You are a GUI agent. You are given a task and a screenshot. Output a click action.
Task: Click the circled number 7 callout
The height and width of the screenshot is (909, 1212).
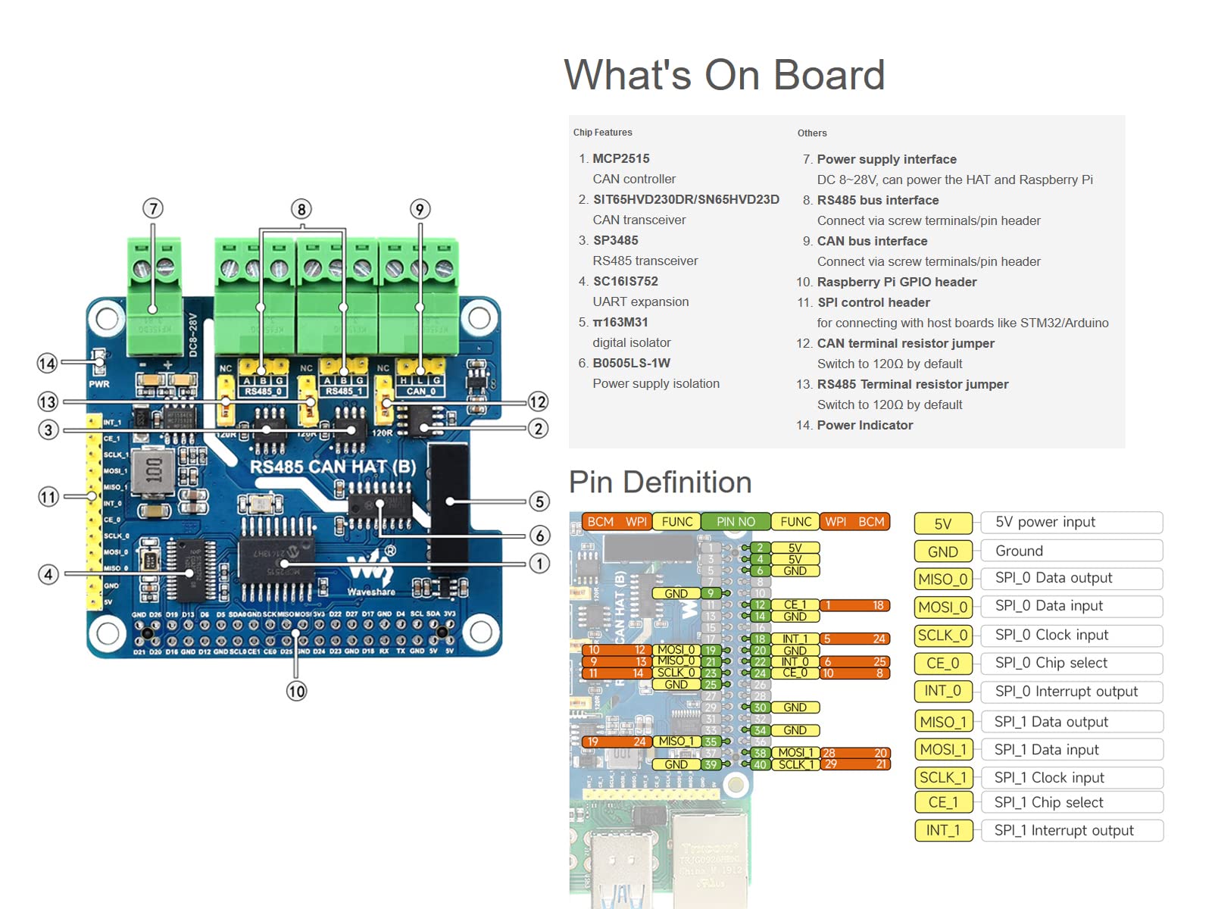153,208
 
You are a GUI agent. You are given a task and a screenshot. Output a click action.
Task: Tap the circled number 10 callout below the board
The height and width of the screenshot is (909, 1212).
296,691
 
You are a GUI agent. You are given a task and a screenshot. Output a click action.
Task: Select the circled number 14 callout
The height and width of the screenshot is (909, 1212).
47,364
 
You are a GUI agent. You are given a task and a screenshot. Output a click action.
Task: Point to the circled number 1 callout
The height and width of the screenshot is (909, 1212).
539,564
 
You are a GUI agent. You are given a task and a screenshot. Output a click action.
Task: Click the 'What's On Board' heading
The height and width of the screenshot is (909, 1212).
724,75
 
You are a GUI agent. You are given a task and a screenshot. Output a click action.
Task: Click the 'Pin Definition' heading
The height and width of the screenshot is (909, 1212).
660,483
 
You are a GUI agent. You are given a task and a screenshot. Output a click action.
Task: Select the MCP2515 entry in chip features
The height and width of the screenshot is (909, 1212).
620,158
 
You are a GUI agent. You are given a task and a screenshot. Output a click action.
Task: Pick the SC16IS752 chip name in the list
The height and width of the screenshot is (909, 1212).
625,281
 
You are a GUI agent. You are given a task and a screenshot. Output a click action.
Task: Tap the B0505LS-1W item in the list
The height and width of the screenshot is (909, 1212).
631,363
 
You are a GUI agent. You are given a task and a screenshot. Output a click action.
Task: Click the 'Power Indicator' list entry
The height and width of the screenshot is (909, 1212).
864,425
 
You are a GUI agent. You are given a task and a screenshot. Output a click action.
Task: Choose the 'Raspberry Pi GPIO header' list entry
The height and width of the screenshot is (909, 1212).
896,282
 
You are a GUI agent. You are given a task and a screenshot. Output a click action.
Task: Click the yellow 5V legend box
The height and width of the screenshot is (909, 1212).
942,523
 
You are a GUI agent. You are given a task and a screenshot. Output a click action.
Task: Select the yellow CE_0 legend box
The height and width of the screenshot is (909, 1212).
942,664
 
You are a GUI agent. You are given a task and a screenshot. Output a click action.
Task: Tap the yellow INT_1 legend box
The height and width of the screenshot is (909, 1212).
942,830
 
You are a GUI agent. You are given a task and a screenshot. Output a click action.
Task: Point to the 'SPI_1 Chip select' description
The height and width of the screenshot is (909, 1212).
1048,802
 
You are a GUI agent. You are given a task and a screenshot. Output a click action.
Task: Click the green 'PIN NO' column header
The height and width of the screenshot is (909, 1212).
736,521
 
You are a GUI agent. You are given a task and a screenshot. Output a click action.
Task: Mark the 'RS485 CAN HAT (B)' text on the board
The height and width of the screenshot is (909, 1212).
333,467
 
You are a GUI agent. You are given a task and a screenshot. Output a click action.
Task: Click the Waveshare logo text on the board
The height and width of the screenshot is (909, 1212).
371,592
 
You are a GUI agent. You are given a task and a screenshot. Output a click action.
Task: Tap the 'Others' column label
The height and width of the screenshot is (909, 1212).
812,133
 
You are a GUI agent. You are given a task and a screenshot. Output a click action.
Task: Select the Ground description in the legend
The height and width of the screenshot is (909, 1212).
1019,551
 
